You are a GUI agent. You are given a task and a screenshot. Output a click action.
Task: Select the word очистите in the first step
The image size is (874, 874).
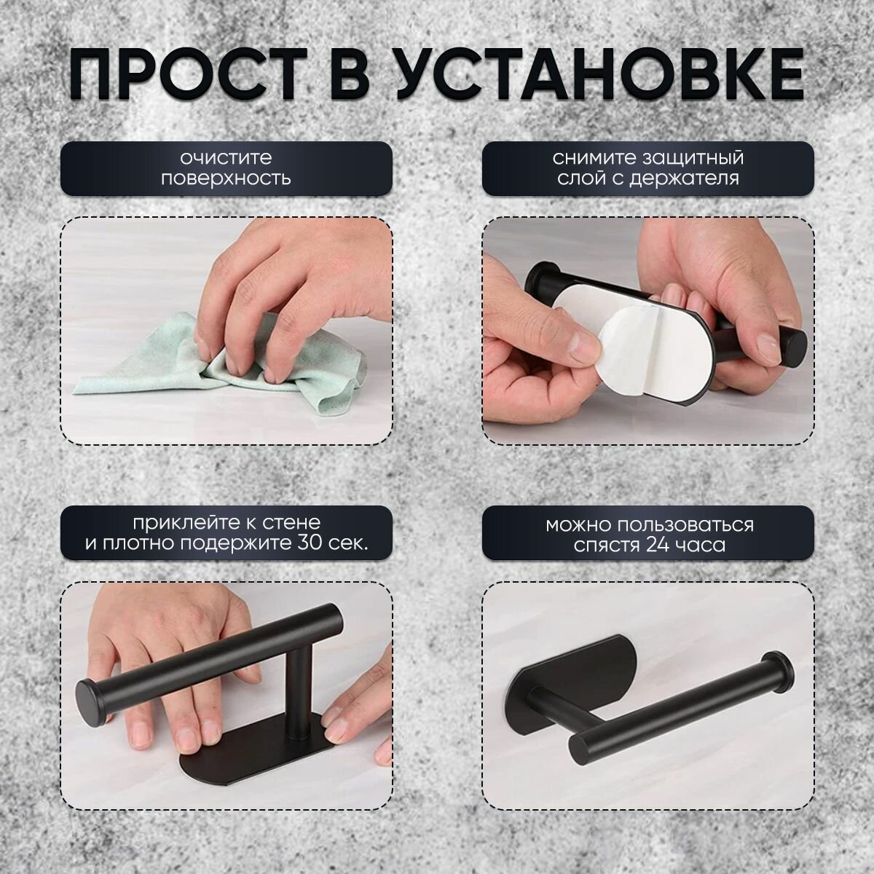(x=226, y=158)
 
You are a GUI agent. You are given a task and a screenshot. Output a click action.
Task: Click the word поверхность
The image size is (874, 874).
(x=226, y=178)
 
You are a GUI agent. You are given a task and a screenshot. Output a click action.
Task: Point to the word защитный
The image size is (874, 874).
(x=693, y=158)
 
